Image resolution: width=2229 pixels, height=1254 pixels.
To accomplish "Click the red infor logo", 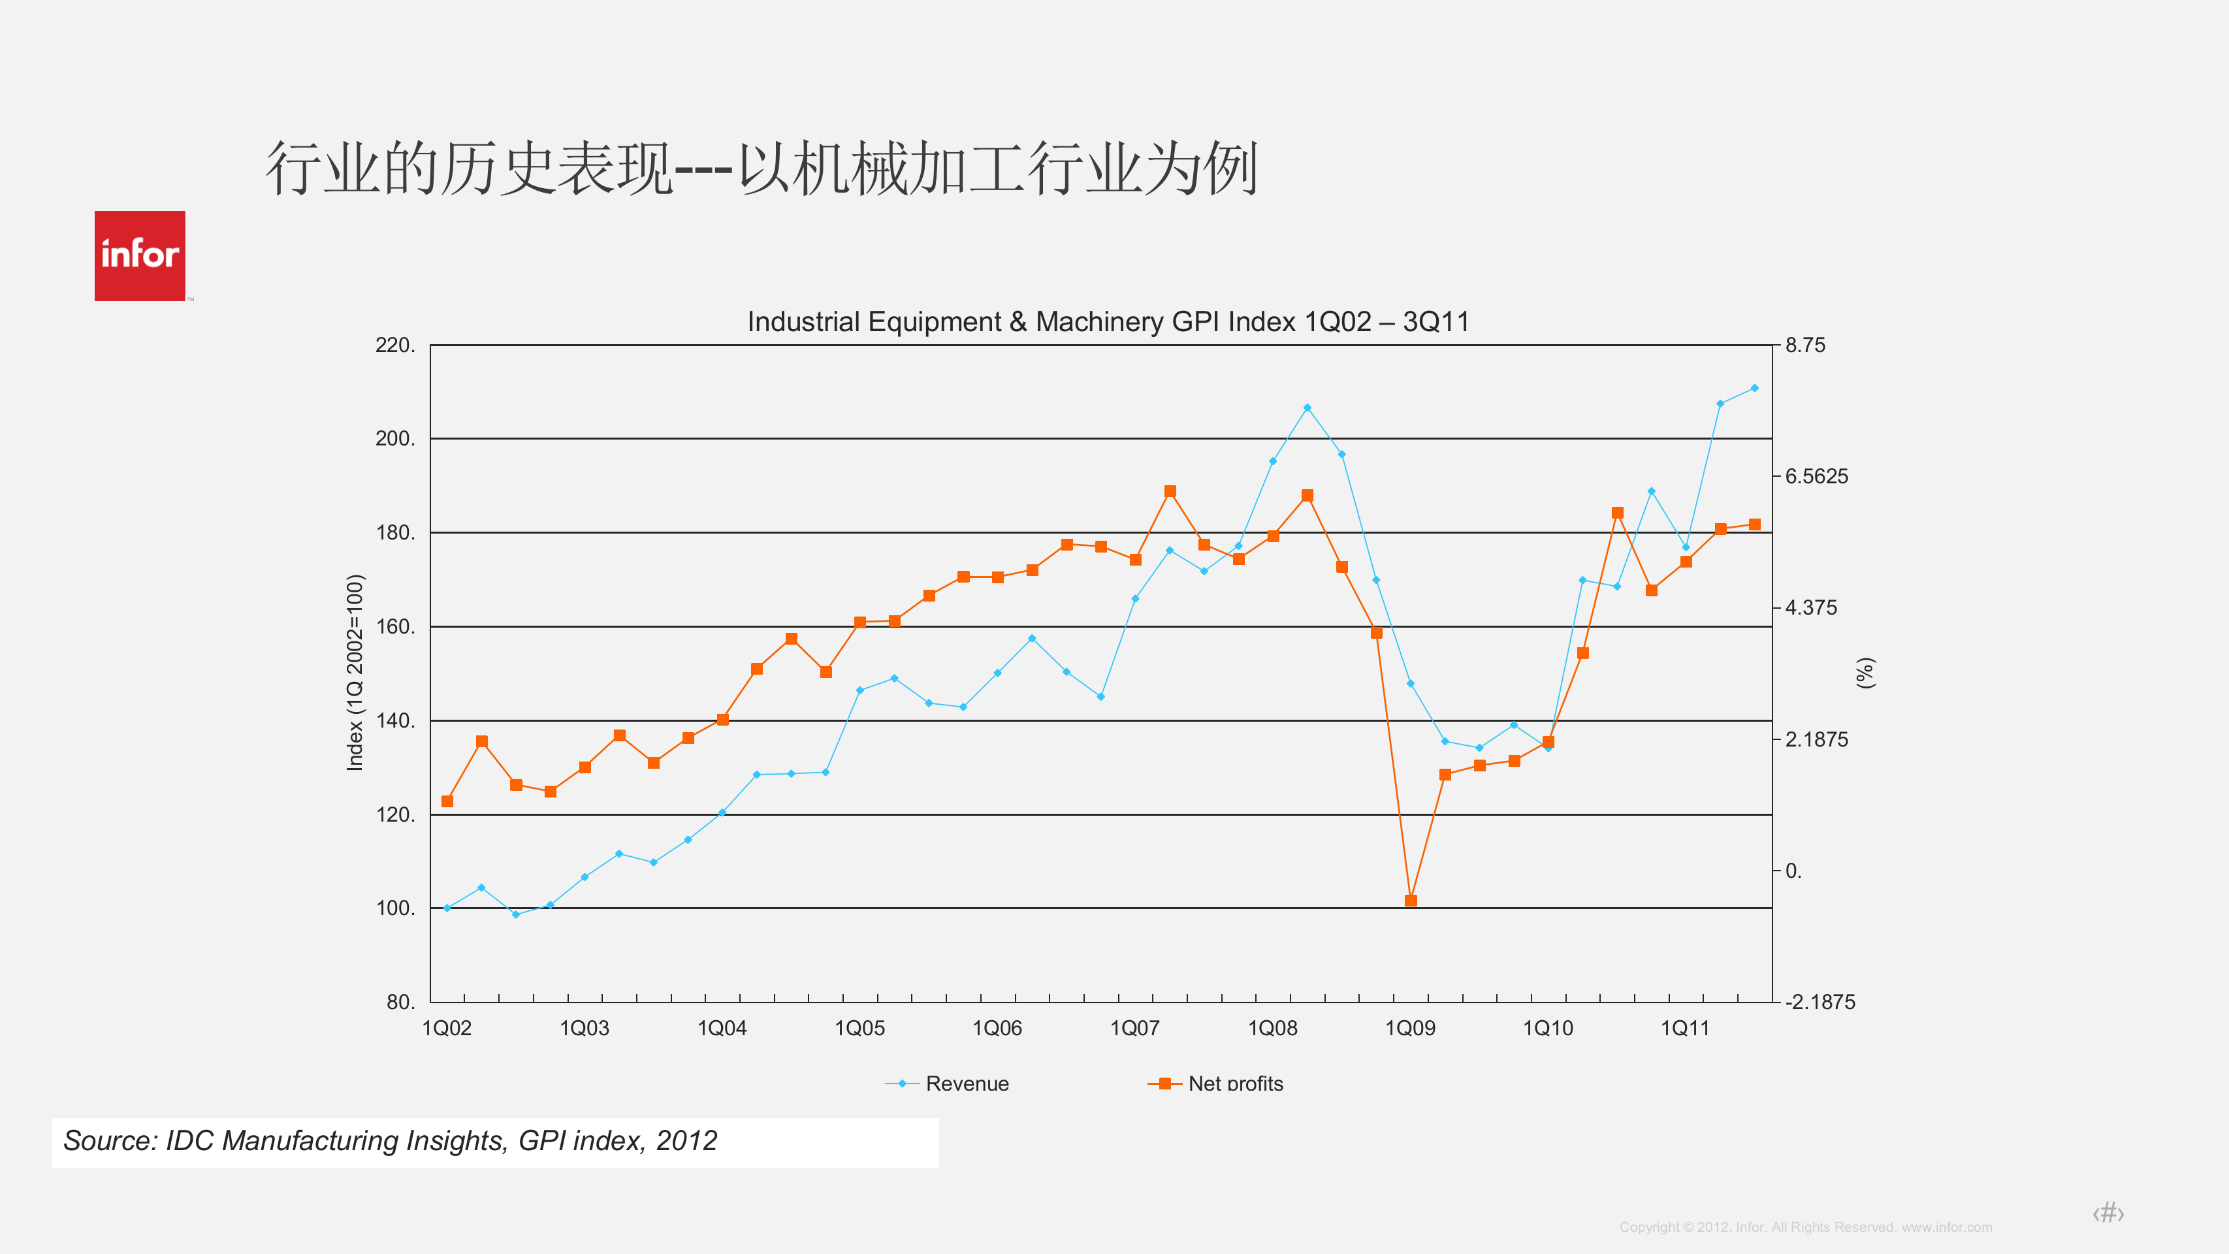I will (139, 256).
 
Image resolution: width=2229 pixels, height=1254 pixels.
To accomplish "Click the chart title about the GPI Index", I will (1108, 322).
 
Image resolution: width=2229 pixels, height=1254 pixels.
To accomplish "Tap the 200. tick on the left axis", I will (394, 439).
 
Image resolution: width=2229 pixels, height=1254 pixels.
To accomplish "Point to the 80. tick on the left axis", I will (400, 1002).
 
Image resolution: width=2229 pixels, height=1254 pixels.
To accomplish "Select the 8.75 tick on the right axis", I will (1805, 346).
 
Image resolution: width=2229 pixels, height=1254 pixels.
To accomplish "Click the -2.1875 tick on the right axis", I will (1820, 1002).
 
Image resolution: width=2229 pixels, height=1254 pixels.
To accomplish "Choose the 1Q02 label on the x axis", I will (447, 1028).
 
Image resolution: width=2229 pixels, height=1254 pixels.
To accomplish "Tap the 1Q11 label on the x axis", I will (1685, 1028).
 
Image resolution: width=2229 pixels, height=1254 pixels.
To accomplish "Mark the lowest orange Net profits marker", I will (1411, 901).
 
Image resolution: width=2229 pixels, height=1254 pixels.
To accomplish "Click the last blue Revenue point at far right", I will (1754, 389).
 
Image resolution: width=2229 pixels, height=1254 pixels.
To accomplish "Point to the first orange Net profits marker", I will (447, 801).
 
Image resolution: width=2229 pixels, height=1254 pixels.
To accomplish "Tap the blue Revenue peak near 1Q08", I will (1307, 408).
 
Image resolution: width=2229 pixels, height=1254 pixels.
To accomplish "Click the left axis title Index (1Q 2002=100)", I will (355, 673).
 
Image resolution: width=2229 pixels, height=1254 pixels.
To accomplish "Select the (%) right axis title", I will (1866, 673).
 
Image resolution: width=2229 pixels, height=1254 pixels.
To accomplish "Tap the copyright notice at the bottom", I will (1805, 1227).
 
